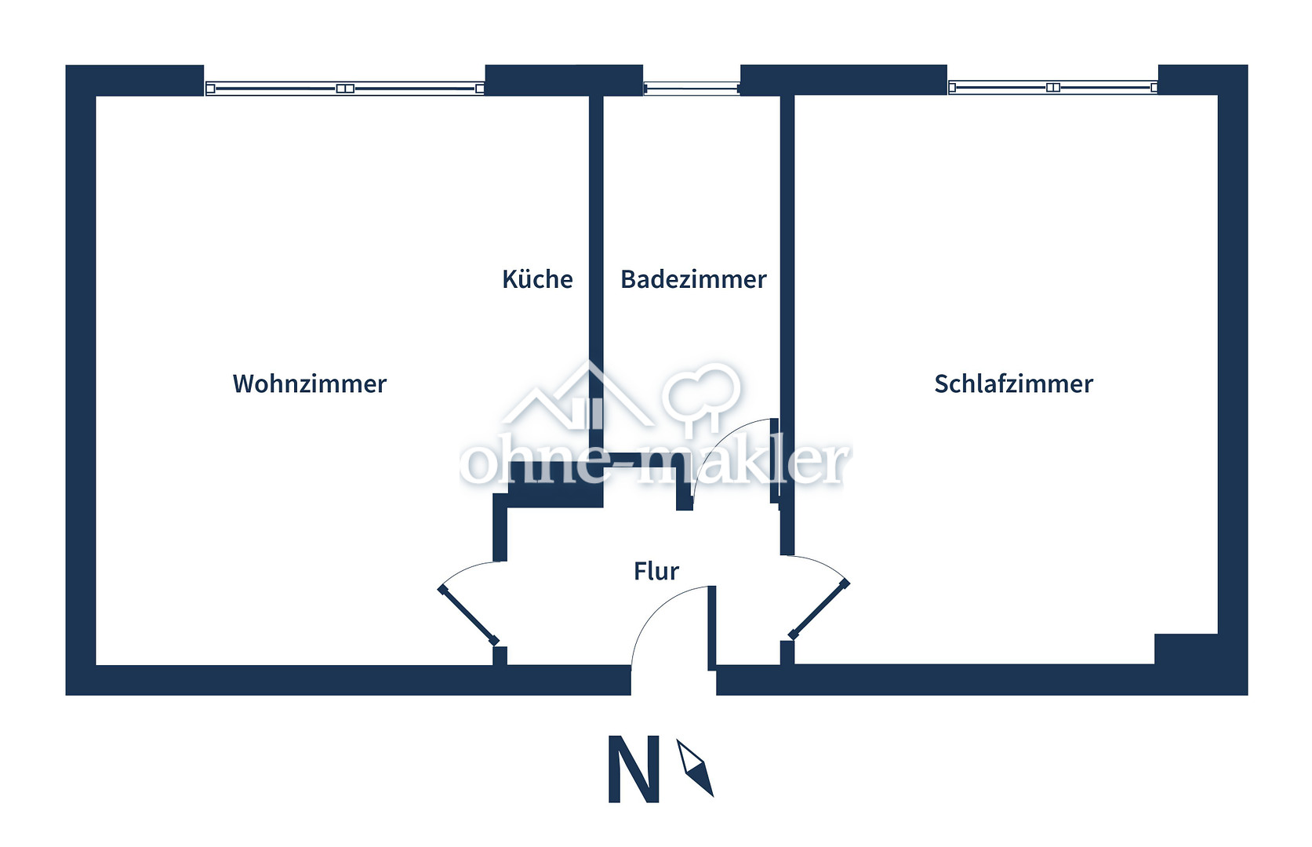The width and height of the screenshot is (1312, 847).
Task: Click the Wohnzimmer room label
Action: (310, 384)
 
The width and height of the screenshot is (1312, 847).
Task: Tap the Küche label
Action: (537, 279)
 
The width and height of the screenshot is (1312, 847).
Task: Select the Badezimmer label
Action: (693, 279)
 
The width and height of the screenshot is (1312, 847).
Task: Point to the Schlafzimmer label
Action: (1013, 384)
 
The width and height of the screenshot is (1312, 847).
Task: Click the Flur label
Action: (656, 571)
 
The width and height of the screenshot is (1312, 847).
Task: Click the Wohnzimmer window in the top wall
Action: (345, 89)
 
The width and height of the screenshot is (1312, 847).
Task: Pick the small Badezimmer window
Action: (691, 89)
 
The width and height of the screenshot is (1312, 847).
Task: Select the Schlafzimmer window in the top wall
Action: (1052, 87)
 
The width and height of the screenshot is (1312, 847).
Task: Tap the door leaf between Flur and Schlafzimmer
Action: (819, 609)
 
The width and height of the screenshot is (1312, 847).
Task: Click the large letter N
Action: (633, 769)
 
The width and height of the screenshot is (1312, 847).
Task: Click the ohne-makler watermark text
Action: (655, 463)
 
